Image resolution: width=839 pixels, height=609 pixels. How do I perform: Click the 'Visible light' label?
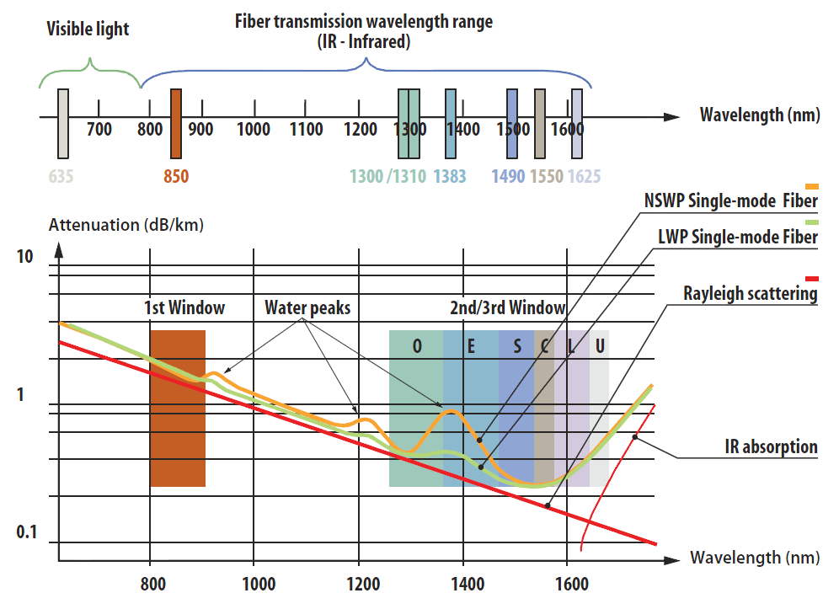tap(88, 29)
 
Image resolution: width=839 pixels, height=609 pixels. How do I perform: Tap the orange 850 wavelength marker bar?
tap(176, 124)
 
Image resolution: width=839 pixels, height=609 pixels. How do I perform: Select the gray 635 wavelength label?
tap(61, 176)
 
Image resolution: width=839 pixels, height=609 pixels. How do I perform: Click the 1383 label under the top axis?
tap(451, 176)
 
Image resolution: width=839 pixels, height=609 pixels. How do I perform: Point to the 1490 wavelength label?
tap(509, 176)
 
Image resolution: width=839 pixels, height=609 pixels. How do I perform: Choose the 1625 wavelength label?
tap(584, 176)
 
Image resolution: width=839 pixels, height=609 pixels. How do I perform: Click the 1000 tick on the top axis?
tap(254, 130)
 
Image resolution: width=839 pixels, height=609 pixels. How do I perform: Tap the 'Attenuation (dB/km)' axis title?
tap(126, 225)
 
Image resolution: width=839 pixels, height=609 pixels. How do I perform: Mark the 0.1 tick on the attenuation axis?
tap(28, 532)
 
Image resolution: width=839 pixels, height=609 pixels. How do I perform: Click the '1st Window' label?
tap(184, 307)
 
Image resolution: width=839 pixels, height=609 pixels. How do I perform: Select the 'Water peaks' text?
tap(307, 307)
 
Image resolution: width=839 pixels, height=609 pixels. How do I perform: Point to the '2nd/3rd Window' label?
tap(507, 307)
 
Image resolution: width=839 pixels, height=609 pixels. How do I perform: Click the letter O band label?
tap(417, 347)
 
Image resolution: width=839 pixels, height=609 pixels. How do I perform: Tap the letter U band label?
tap(599, 347)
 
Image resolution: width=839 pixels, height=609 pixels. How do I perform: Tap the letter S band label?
tap(517, 347)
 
